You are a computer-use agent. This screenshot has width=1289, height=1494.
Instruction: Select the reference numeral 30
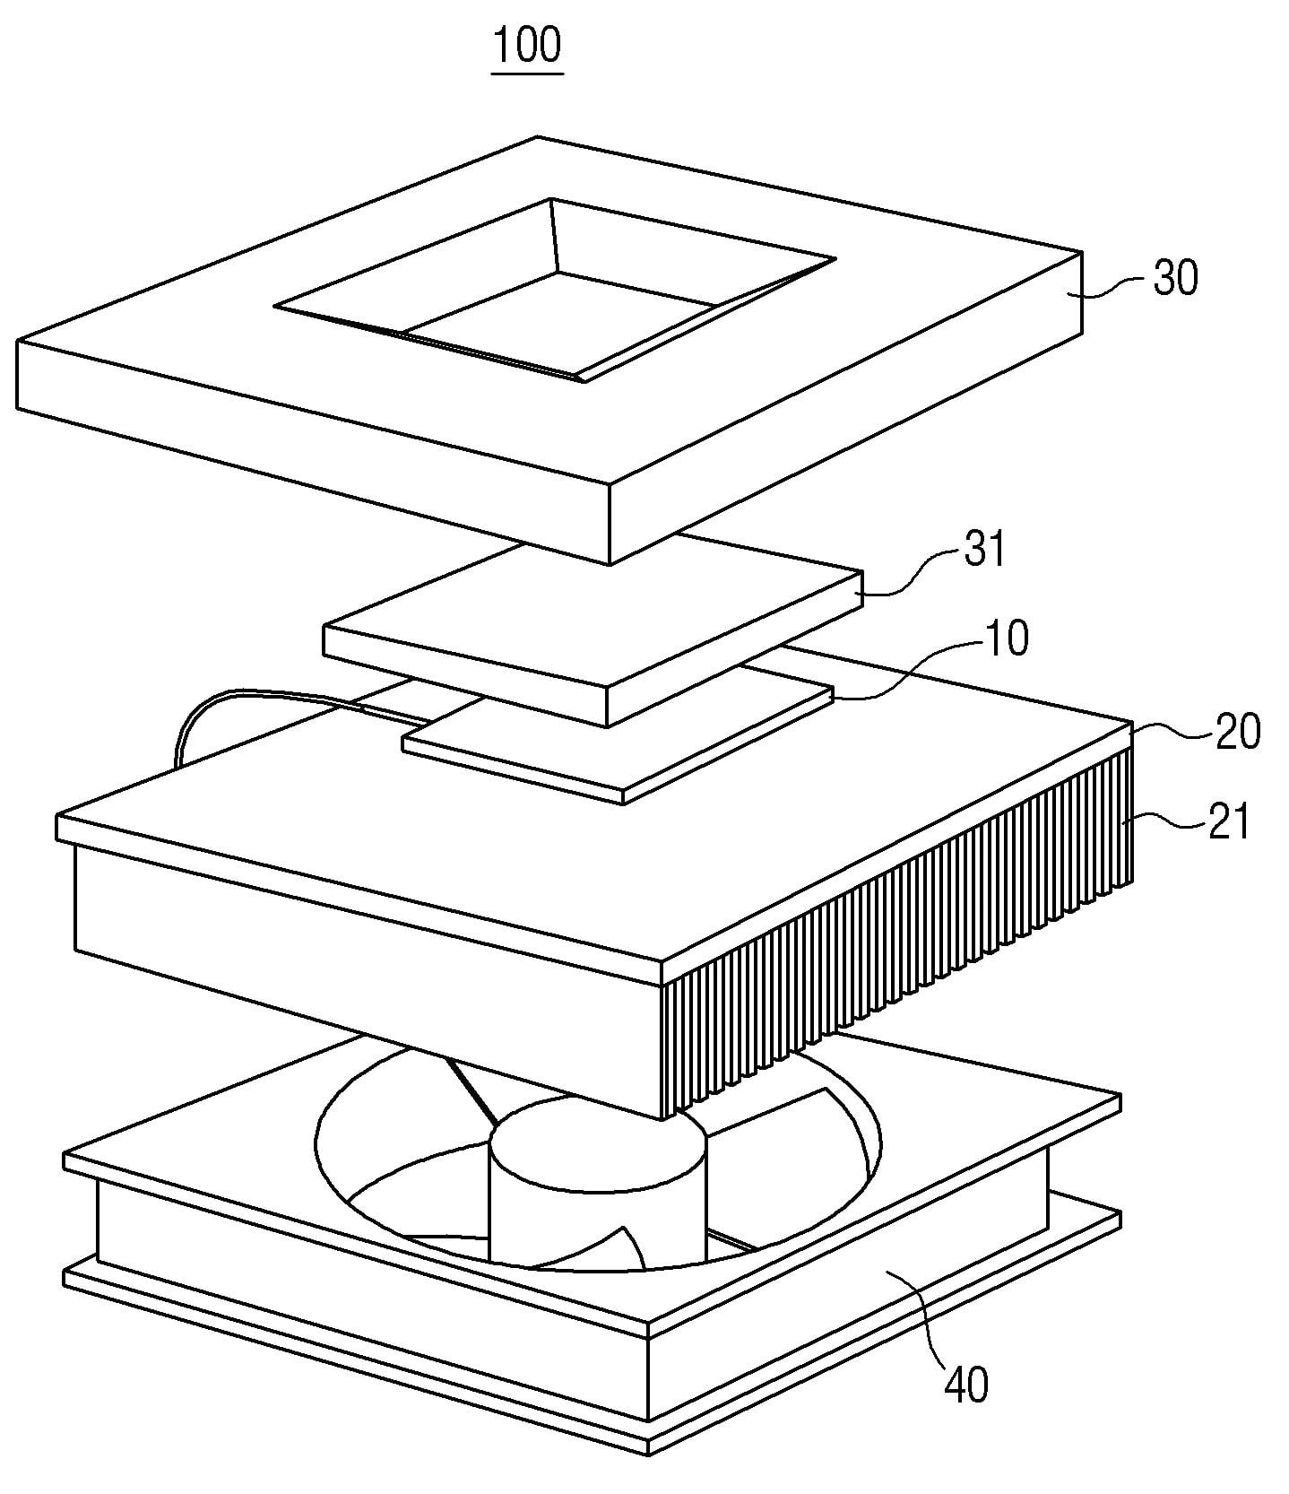[x=1175, y=279]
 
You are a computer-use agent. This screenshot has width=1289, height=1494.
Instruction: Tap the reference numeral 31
[x=984, y=549]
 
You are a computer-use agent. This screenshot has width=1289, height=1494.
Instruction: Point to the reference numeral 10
[x=1006, y=638]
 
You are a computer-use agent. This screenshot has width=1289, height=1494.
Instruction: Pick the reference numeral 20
[x=1237, y=731]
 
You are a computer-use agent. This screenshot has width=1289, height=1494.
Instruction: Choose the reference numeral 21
[x=1228, y=821]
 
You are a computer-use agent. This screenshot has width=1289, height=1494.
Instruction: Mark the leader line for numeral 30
[x=1112, y=286]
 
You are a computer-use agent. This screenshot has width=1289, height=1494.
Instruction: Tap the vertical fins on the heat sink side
[x=896, y=933]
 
